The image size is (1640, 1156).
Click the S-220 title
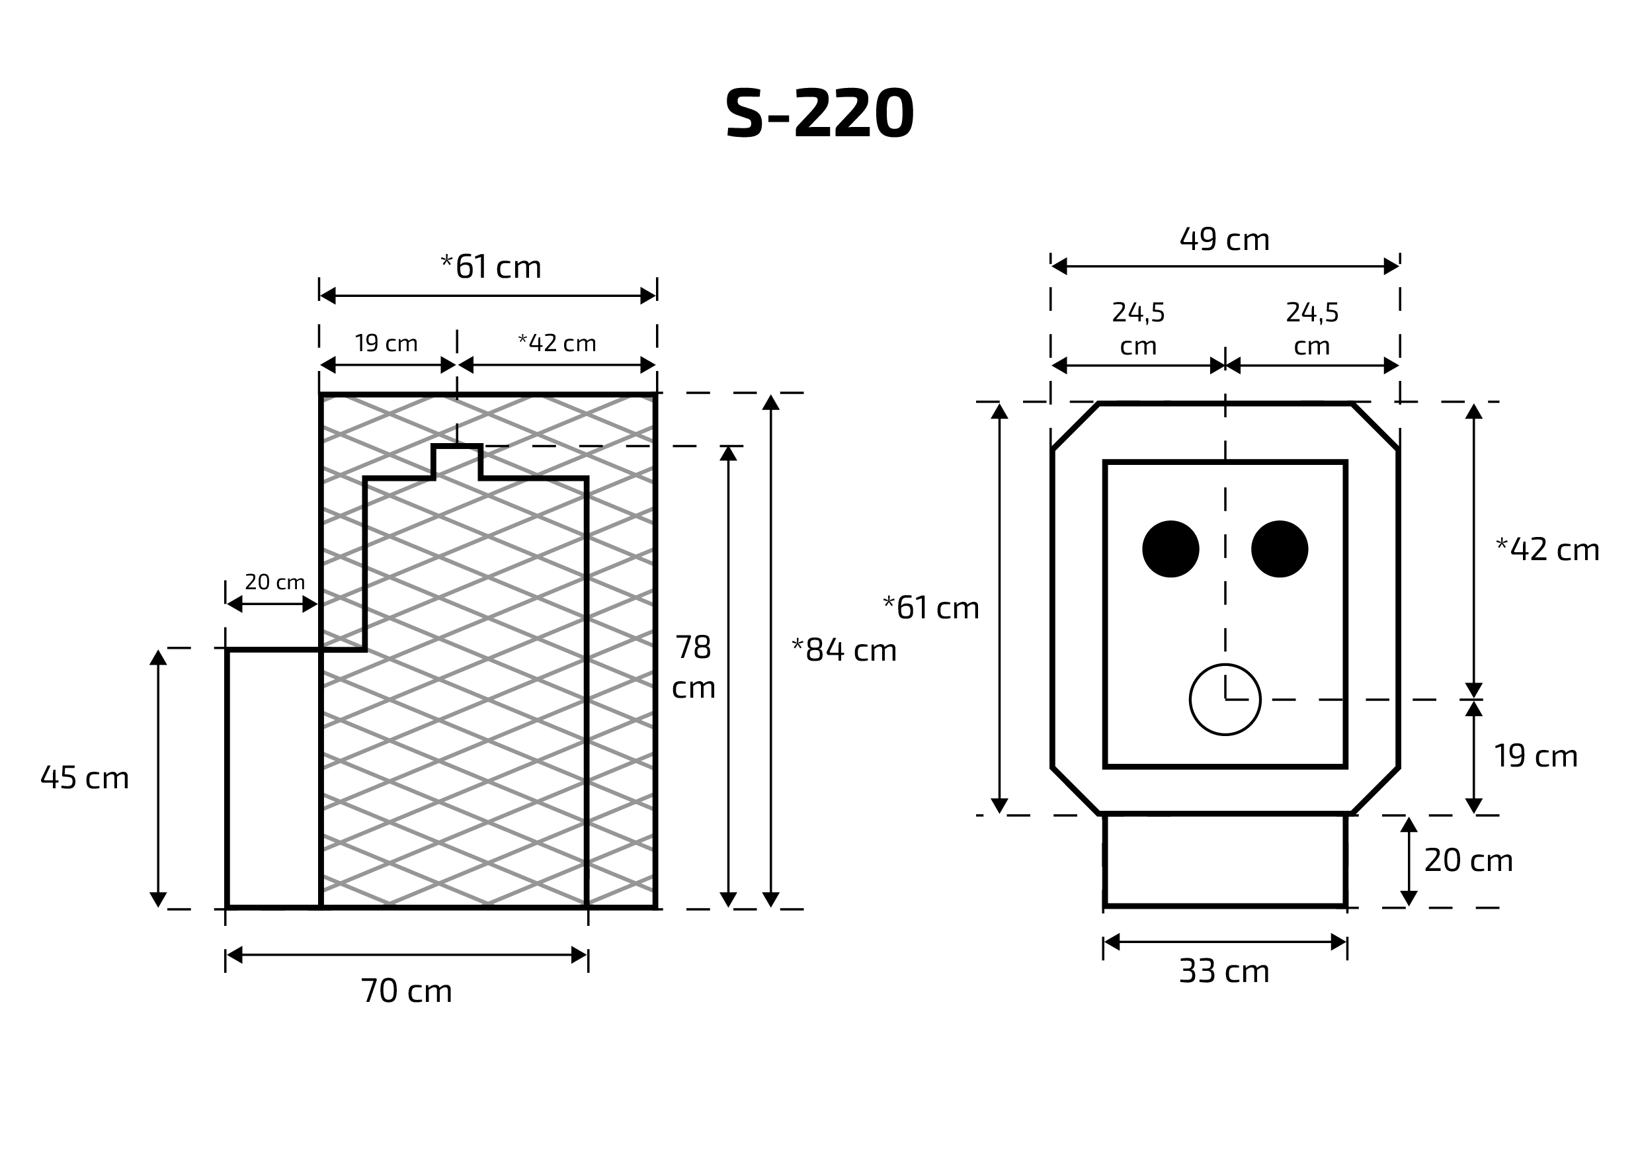pos(819,114)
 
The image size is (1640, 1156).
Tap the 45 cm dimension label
pos(84,778)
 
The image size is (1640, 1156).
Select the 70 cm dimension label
pos(407,991)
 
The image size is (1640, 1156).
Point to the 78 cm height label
pos(694,667)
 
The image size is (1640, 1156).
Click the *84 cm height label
pos(844,650)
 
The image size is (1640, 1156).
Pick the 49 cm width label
pos(1225,239)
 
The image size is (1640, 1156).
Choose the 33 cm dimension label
pos(1224,971)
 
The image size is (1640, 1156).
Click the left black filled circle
pos(1170,549)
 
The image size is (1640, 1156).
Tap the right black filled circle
pos(1280,549)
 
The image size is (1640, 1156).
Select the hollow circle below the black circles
pos(1225,700)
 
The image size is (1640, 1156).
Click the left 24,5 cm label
pos(1139,329)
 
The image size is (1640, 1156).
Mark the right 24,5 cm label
pos(1312,329)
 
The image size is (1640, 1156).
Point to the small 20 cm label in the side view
pos(275,582)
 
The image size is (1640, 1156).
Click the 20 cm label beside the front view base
pos(1469,861)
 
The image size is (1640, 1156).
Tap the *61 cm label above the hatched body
pos(491,267)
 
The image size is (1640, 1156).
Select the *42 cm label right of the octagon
pos(1547,550)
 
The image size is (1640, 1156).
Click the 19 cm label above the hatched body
pos(386,344)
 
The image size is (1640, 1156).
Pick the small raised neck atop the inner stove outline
pos(457,462)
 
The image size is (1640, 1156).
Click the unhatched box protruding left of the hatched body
pos(274,779)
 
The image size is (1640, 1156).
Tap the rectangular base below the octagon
pos(1225,860)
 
